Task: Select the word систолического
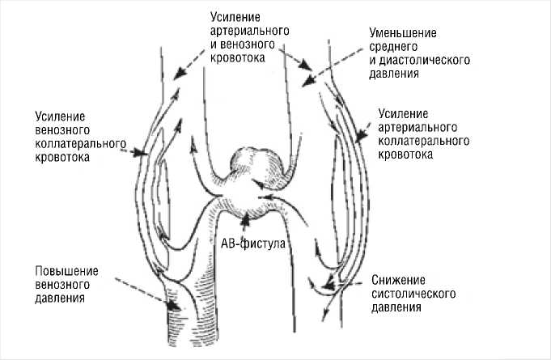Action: click(x=416, y=294)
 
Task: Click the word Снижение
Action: click(x=397, y=280)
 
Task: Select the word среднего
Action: click(x=392, y=47)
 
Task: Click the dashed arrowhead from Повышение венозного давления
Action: click(x=172, y=307)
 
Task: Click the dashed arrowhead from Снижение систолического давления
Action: click(x=326, y=284)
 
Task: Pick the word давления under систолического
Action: click(x=397, y=307)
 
